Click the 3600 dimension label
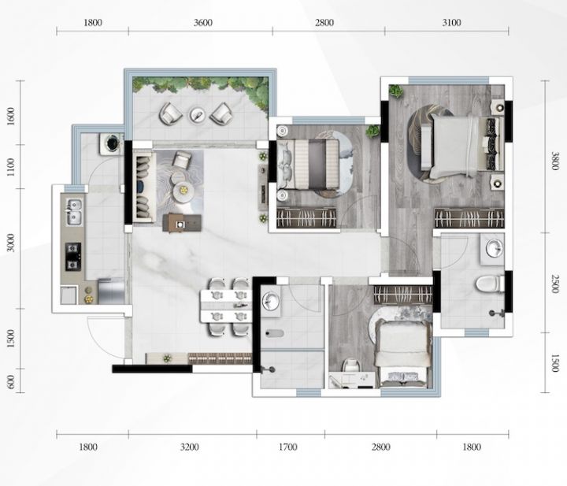coord(203,23)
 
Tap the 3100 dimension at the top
coord(452,23)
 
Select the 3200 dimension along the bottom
coord(190,447)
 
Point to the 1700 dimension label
coord(288,447)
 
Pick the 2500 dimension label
coord(554,284)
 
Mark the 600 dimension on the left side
coord(11,382)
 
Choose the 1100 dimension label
coord(11,167)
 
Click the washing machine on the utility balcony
coord(112,143)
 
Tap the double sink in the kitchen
coord(74,212)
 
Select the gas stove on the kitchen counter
coord(73,256)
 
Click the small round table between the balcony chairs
coord(198,115)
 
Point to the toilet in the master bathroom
coord(490,284)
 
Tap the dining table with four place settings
coord(226,306)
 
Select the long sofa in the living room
coord(144,186)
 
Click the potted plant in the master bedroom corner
coord(395,91)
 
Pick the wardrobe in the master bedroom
coord(469,218)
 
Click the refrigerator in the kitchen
coord(111,291)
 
